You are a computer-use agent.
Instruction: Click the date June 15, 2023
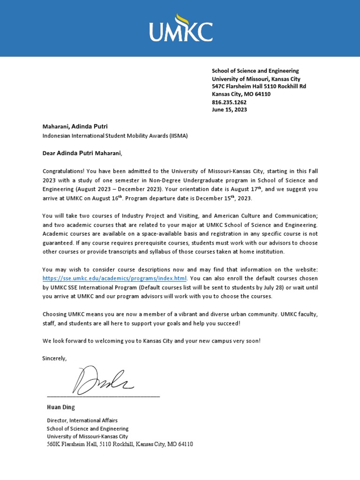(x=229, y=110)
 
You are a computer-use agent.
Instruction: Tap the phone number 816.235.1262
(x=229, y=102)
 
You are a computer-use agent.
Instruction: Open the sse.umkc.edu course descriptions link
(x=114, y=278)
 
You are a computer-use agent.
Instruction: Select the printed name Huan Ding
(x=60, y=407)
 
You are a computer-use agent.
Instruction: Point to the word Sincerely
(x=54, y=358)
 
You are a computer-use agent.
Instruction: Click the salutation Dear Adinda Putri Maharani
(x=82, y=153)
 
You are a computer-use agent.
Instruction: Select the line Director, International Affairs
(x=82, y=420)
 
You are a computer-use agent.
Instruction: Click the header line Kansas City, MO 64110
(x=241, y=94)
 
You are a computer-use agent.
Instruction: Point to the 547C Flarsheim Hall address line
(x=259, y=86)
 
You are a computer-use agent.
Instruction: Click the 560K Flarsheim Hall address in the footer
(x=120, y=444)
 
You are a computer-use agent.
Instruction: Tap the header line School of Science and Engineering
(x=255, y=71)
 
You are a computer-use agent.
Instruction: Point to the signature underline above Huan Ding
(x=103, y=397)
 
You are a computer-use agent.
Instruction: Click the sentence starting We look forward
(x=151, y=341)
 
